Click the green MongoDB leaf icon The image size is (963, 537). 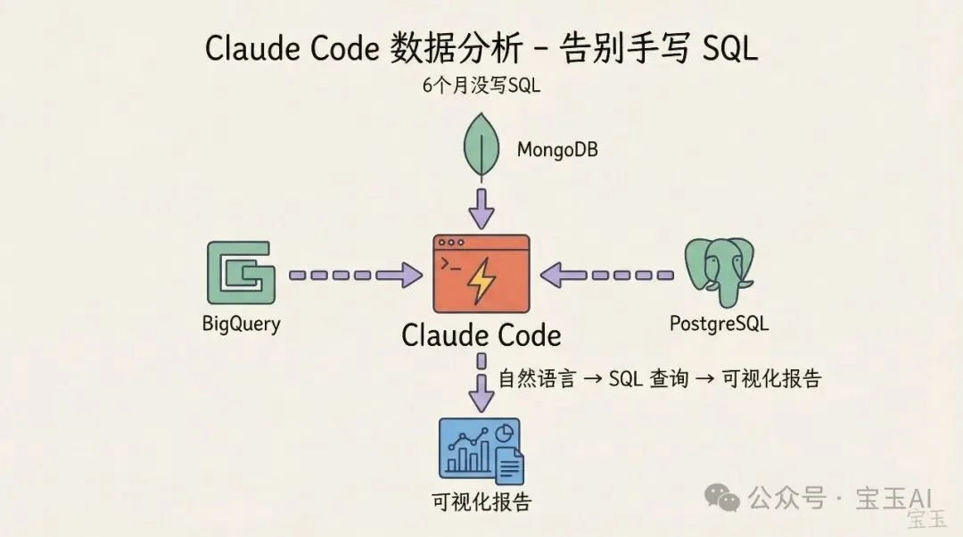(x=481, y=147)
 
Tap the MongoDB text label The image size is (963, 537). (x=557, y=149)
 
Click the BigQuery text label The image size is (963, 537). (x=241, y=323)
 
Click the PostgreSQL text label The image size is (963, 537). (x=719, y=323)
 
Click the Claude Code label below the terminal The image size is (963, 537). (x=481, y=335)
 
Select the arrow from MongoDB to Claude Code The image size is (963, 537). (x=481, y=207)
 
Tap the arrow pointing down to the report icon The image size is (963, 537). (x=481, y=385)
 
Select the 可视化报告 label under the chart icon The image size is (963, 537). (x=481, y=501)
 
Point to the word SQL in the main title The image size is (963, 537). (x=729, y=48)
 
